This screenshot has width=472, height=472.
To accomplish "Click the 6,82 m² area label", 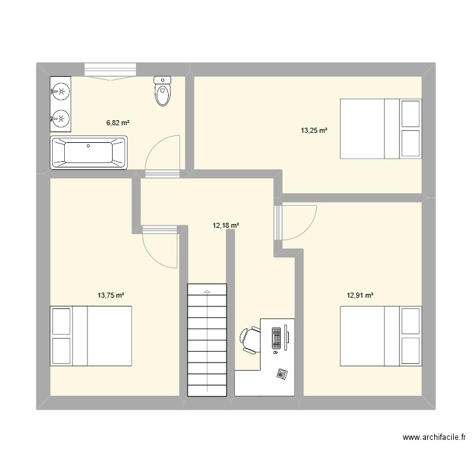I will (x=118, y=123).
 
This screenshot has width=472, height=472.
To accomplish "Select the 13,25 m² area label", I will (x=314, y=131).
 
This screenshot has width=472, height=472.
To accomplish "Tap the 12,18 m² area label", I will (x=226, y=225).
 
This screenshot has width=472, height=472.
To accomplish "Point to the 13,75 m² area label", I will (x=111, y=295).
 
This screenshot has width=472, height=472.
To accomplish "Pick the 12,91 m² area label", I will (x=360, y=295).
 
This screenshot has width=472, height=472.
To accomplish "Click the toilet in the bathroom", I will (x=162, y=92).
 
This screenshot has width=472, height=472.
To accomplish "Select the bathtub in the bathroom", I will (x=89, y=152).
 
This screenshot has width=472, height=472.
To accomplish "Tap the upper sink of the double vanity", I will (x=61, y=93).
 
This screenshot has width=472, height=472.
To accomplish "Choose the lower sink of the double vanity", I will (x=61, y=117).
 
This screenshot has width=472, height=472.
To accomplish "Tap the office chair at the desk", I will (x=249, y=339).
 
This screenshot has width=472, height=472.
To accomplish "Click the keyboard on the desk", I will (x=276, y=337).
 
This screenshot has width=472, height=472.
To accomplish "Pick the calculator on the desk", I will (x=281, y=374).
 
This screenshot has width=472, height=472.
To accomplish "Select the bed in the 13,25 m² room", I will (x=380, y=128).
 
